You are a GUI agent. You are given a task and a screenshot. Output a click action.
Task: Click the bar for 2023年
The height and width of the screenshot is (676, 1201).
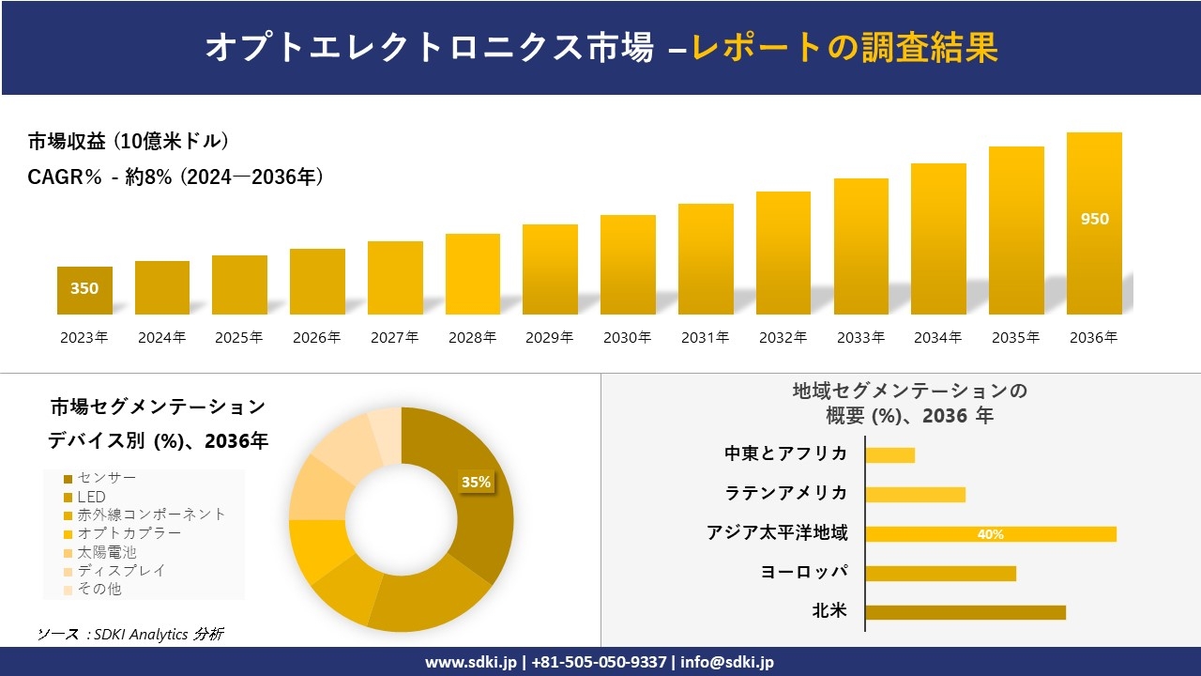[x=84, y=290]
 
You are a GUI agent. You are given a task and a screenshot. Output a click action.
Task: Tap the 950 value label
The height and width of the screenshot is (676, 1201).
[x=1094, y=219]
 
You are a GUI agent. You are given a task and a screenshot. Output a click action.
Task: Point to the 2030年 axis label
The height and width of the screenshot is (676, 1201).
[x=627, y=338]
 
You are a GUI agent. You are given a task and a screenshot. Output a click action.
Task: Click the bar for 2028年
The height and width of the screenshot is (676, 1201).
[x=472, y=274]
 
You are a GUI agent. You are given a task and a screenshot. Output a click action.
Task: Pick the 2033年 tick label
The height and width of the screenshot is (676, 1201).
[x=860, y=338]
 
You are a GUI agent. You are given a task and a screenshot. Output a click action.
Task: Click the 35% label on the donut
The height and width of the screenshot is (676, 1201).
[x=476, y=482]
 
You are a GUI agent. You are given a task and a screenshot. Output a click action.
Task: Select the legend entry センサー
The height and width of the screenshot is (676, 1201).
[x=106, y=478]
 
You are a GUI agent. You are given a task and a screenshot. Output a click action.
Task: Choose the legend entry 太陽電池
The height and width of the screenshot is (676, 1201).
[x=106, y=552]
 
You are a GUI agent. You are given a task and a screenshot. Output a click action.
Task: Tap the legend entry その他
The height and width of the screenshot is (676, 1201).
[x=99, y=589]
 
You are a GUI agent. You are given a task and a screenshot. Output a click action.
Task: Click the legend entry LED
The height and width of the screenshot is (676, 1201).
[x=91, y=497]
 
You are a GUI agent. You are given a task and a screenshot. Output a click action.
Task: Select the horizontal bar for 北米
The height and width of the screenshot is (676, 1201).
[x=965, y=612]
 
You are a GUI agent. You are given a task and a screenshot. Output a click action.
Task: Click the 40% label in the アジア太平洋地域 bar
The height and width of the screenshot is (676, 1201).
[x=990, y=534]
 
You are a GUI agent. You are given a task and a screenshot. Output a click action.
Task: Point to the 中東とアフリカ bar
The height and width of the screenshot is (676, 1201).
[x=889, y=455]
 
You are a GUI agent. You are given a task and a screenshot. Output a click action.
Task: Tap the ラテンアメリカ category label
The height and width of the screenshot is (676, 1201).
[x=786, y=493]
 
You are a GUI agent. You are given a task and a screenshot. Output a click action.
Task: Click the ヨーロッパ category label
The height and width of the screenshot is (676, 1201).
[x=804, y=572]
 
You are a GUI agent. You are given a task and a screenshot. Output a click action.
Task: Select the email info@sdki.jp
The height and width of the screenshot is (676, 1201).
[x=728, y=662]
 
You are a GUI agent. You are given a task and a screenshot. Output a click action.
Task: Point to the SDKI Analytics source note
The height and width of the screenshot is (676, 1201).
[x=130, y=635]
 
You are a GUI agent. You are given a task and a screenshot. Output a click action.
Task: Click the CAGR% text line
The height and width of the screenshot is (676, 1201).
[x=175, y=177]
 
